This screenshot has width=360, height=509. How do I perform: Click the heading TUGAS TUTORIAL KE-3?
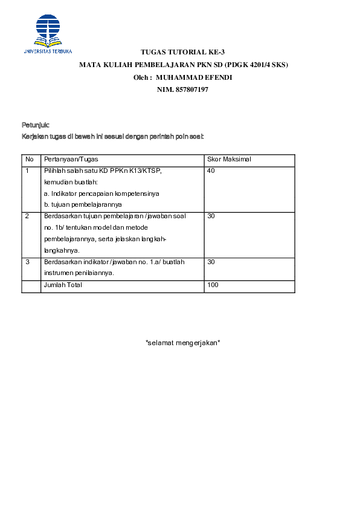point(182,53)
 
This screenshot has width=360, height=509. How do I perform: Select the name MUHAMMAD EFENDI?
point(194,77)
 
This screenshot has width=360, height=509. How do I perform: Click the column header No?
point(29,159)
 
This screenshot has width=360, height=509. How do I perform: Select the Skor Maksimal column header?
point(229,159)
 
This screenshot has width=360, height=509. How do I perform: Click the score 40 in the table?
point(211,171)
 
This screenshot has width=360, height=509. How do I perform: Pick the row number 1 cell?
point(27,171)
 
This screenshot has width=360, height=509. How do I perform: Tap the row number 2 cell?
point(27,216)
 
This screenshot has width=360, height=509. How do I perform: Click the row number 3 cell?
point(27,262)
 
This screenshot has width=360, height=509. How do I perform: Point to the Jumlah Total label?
point(63,285)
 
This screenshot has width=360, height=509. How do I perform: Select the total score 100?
point(213,285)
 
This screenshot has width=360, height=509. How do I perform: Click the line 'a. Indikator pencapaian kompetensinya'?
point(101,193)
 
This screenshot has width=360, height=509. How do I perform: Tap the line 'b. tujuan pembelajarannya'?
point(83,204)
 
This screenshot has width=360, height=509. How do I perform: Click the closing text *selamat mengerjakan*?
point(182,343)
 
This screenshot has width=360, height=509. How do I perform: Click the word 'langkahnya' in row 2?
point(62,250)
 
